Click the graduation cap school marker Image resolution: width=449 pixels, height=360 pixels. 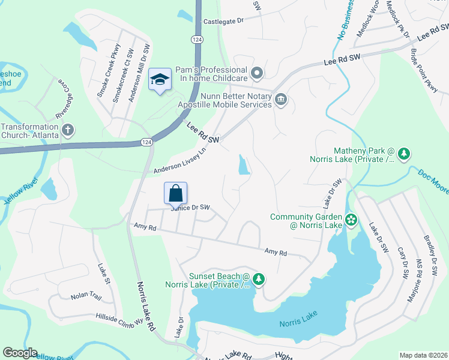pos(160,79)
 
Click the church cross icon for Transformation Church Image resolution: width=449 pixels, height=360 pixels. pos(68,129)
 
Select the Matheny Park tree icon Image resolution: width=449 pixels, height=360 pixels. pos(405,154)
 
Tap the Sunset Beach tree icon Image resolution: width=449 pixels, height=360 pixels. pos(259,279)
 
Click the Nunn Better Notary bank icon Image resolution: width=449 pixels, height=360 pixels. pos(280,99)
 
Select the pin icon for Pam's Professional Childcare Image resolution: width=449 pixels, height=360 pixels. pos(258,74)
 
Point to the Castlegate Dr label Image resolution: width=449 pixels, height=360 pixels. pos(223,21)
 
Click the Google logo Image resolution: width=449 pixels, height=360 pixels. pos(20,353)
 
